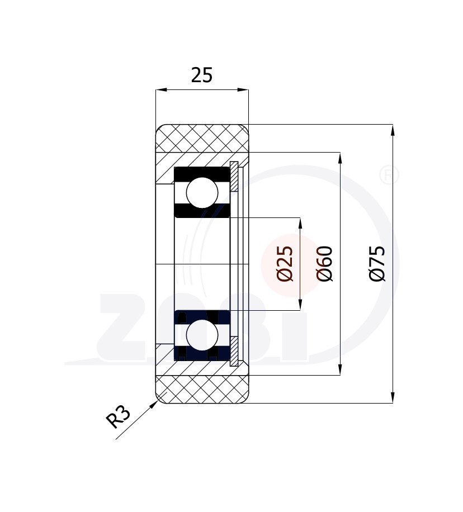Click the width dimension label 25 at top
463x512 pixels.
(202, 75)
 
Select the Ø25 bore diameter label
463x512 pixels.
(285, 263)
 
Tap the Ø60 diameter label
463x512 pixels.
(324, 263)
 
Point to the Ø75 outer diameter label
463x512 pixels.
(377, 263)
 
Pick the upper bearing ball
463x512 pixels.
(202, 192)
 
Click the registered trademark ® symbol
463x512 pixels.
(389, 176)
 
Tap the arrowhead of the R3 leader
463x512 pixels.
(154, 405)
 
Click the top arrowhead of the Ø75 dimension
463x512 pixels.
(393, 130)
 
